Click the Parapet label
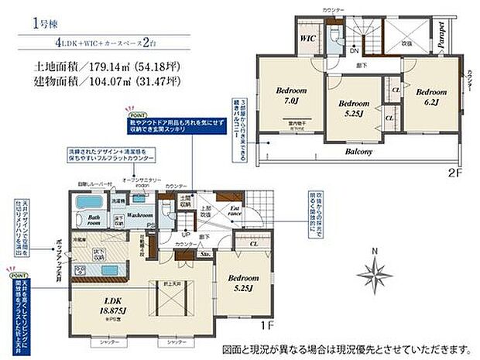point(441,36)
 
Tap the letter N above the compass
point(375,250)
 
